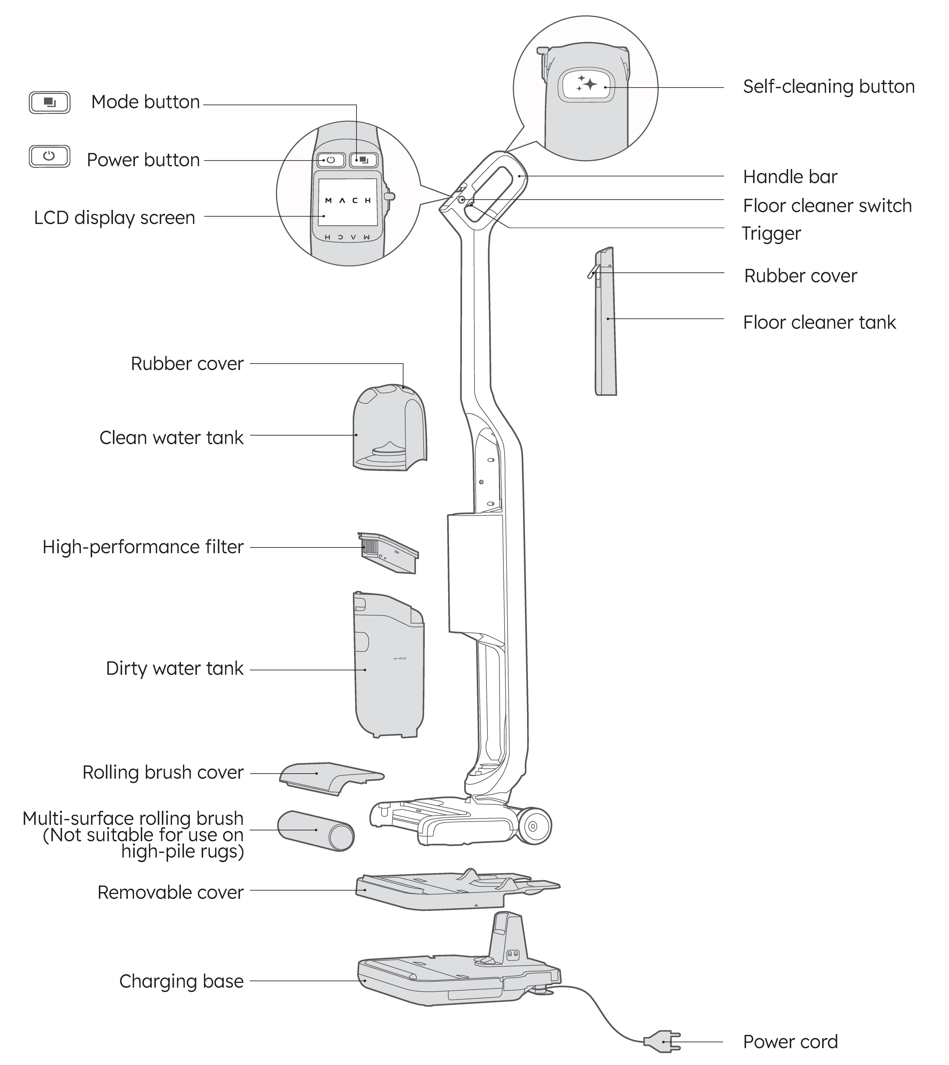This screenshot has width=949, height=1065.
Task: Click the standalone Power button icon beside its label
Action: (50, 156)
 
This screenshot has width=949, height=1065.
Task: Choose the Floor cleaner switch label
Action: (827, 206)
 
